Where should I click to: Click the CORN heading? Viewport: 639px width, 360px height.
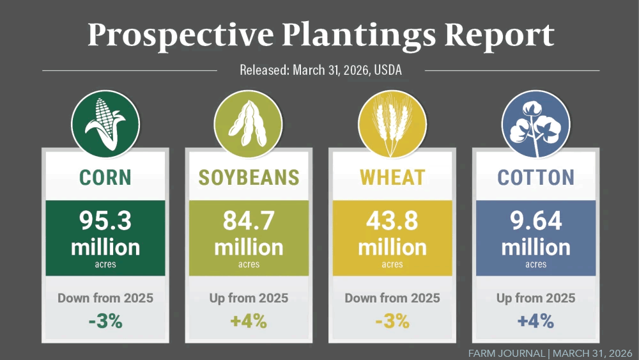click(x=105, y=177)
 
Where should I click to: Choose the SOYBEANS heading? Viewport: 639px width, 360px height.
click(x=249, y=177)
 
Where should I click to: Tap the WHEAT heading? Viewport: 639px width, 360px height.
click(x=392, y=177)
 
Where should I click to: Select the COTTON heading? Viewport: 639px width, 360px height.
click(x=535, y=177)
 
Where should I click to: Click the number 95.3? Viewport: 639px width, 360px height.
click(x=105, y=221)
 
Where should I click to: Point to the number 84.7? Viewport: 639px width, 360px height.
click(x=249, y=221)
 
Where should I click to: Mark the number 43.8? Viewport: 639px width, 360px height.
click(x=392, y=221)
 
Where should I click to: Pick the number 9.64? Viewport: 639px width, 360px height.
click(x=535, y=221)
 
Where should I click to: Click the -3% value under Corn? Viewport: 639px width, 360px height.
click(x=105, y=321)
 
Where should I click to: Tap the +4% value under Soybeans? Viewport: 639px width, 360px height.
click(x=249, y=321)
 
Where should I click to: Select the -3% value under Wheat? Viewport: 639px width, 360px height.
click(x=392, y=321)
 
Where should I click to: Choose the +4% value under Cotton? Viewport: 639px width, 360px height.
click(x=535, y=321)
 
